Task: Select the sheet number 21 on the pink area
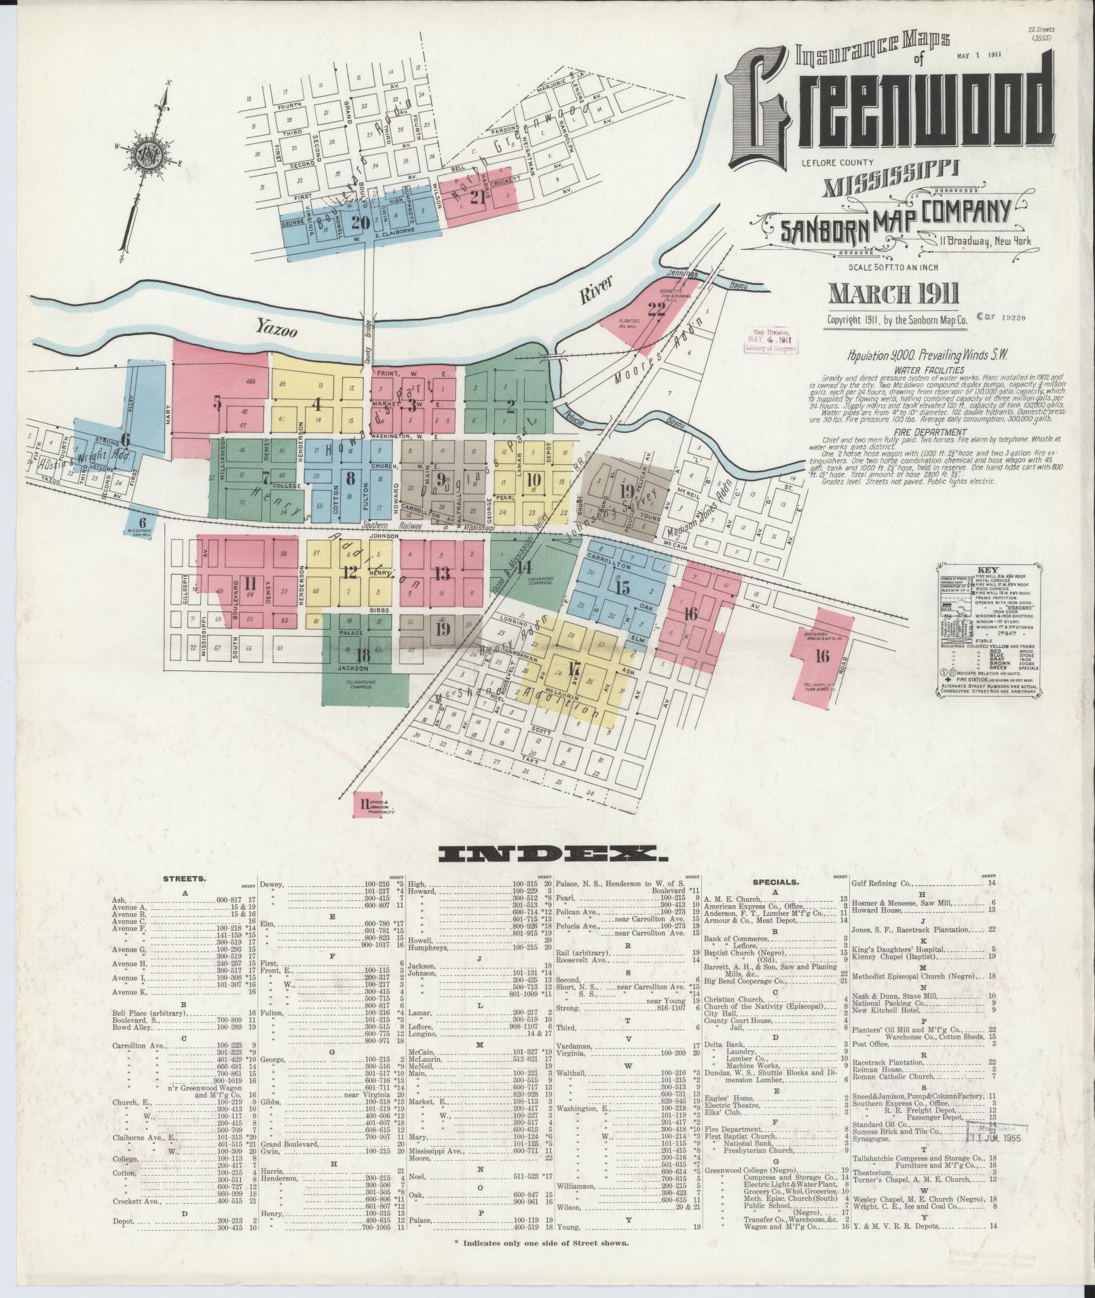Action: coord(478,197)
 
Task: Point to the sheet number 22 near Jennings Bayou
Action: coord(656,309)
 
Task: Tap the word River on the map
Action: coord(595,290)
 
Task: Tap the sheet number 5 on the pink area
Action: coord(217,403)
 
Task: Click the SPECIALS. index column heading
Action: coord(776,883)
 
